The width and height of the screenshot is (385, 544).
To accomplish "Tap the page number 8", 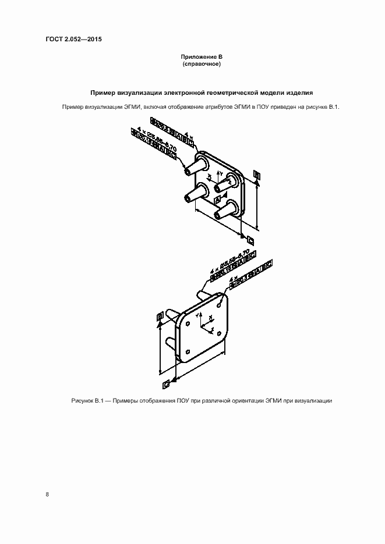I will [47, 495].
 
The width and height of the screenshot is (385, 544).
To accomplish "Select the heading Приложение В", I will [200, 56].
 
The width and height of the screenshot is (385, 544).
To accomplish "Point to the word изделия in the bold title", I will [300, 93].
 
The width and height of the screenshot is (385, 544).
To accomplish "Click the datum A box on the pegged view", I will [218, 200].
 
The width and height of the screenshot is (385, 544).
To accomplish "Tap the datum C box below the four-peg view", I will [250, 239].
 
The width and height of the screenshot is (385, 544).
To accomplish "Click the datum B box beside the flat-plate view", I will [160, 317].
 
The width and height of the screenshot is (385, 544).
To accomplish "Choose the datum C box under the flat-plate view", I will [167, 385].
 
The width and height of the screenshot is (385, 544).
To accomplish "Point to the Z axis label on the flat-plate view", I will [213, 330].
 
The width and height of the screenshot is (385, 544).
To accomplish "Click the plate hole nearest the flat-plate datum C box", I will [189, 353].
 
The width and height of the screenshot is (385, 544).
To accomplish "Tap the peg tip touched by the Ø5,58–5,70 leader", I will [186, 170].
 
